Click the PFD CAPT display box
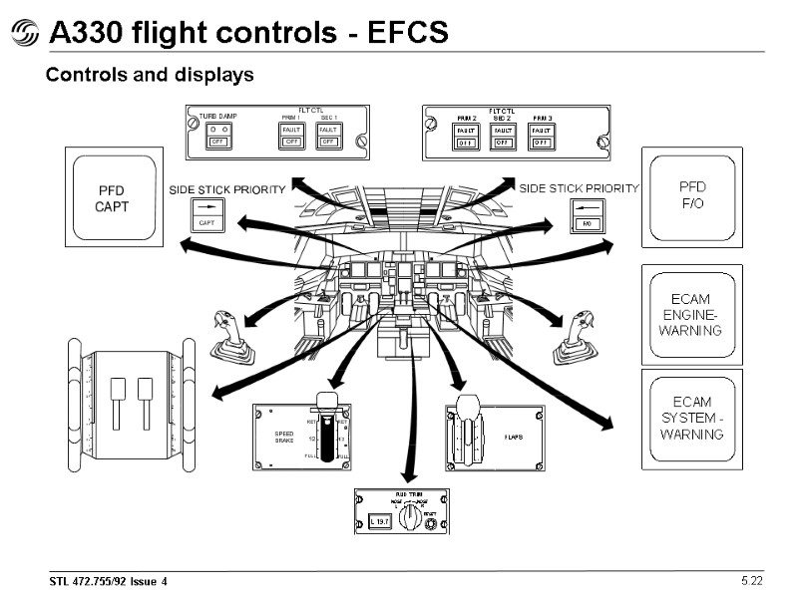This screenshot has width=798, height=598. click(112, 197)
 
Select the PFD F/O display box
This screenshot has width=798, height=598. click(691, 196)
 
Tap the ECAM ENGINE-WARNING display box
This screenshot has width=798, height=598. click(691, 314)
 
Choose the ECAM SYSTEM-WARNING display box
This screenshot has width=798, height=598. click(691, 418)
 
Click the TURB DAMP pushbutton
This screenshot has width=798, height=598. click(217, 137)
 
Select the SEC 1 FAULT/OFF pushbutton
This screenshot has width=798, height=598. click(328, 137)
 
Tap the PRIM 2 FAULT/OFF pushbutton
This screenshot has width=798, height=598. click(466, 137)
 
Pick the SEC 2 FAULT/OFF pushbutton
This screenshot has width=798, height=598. click(503, 137)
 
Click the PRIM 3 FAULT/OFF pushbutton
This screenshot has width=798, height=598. click(541, 137)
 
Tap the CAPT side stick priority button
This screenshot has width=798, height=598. click(207, 215)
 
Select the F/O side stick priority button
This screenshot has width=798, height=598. click(588, 215)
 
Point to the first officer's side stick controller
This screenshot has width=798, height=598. click(577, 338)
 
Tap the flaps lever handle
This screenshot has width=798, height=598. click(467, 406)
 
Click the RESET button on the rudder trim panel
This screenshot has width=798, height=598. click(431, 524)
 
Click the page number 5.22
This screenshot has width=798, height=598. click(751, 580)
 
